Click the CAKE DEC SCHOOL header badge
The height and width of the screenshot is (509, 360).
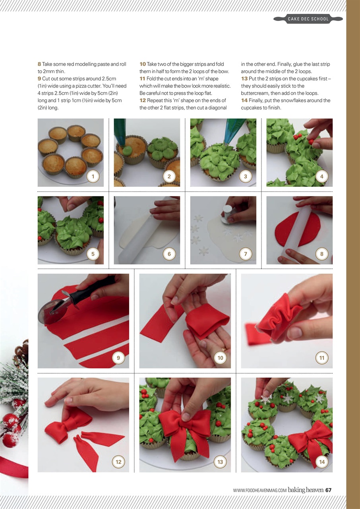308,19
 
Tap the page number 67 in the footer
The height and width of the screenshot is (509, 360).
328,490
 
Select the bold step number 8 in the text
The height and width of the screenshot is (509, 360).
39,64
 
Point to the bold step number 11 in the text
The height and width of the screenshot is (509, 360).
142,79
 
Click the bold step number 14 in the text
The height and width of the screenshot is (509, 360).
244,101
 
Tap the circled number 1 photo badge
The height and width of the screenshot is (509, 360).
93,176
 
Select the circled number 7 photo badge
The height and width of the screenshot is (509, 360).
245,254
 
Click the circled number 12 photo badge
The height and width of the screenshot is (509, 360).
118,462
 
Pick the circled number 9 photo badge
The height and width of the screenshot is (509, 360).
118,358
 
